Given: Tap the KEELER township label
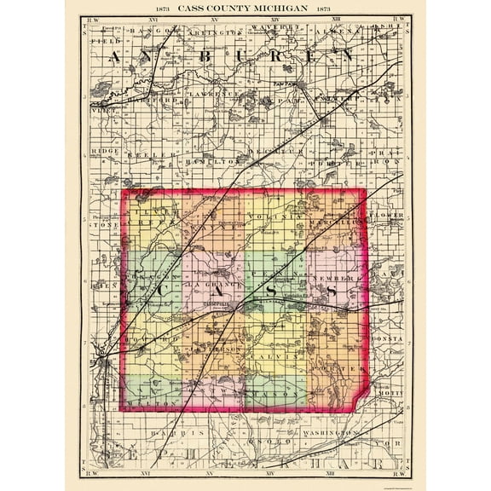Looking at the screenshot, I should coord(142,156).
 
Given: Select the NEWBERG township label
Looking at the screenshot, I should coord(340,279).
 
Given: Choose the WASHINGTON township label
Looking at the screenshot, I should coord(347,433).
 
